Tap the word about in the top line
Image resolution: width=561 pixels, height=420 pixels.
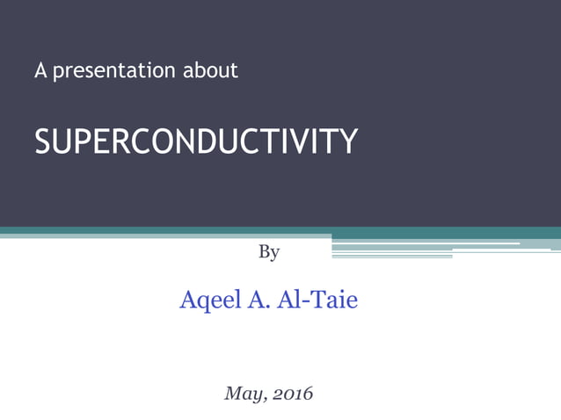pos(210,70)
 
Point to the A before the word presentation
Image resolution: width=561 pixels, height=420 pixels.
pos(40,71)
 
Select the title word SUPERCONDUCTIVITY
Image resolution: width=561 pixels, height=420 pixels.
pos(196,141)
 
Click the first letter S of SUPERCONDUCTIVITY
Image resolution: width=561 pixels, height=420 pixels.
pos(42,141)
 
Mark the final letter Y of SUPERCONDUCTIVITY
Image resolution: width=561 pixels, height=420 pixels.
pos(349,141)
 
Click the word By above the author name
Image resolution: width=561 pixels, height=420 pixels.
pos(269,253)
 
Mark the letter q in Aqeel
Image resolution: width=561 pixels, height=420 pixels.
pos(200,303)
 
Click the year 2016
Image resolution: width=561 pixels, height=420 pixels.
pos(291,394)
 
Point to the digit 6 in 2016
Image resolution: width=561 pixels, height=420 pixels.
pos(307,394)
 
